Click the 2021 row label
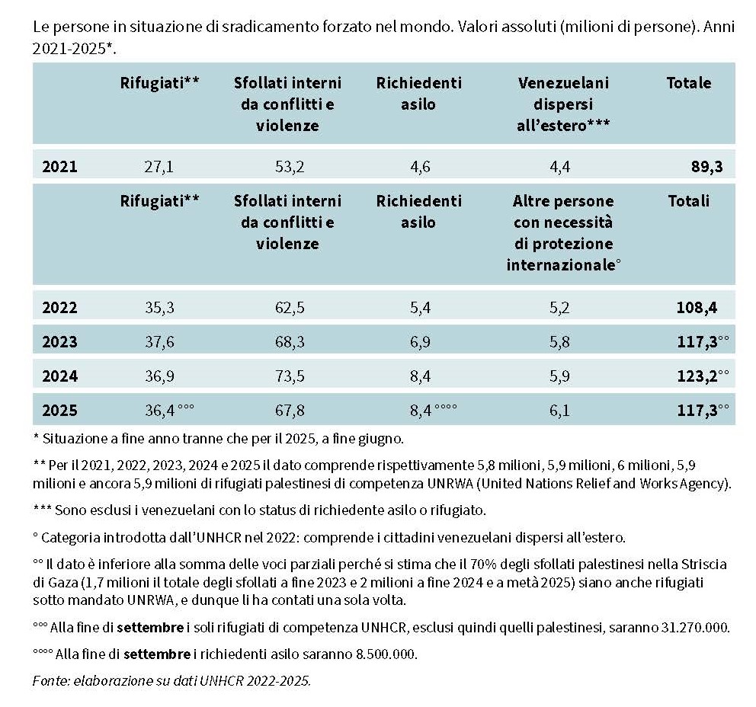coord(59,167)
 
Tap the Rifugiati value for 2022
coord(159,309)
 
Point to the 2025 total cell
coord(697,411)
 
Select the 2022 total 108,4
coord(697,309)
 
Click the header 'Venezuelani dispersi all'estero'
coord(563,104)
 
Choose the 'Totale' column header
coord(689,83)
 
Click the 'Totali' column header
coord(688,201)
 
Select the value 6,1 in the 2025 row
coord(562,411)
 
